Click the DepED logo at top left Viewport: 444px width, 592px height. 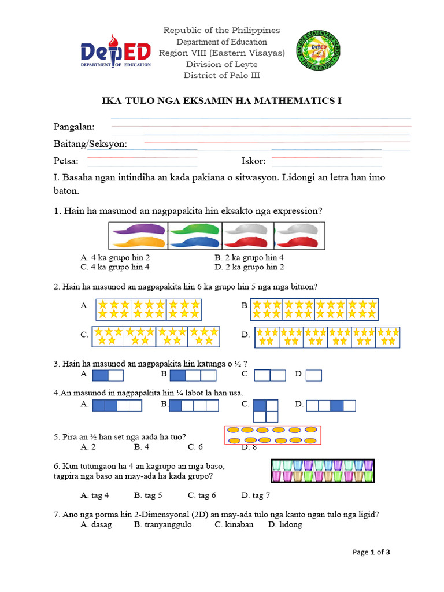tap(116, 55)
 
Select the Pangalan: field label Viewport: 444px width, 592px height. tap(75, 127)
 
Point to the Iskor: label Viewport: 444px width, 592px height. tap(253, 161)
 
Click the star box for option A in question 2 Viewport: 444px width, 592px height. tap(149, 309)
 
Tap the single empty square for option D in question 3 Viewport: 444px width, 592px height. tap(314, 376)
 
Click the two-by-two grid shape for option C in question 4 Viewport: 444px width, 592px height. tap(266, 410)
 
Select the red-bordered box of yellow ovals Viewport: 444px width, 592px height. tap(272, 435)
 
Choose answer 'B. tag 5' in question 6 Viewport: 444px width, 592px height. tap(148, 495)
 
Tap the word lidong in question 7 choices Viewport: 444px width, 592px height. tap(290, 524)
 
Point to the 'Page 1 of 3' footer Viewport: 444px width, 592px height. tap(372, 552)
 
